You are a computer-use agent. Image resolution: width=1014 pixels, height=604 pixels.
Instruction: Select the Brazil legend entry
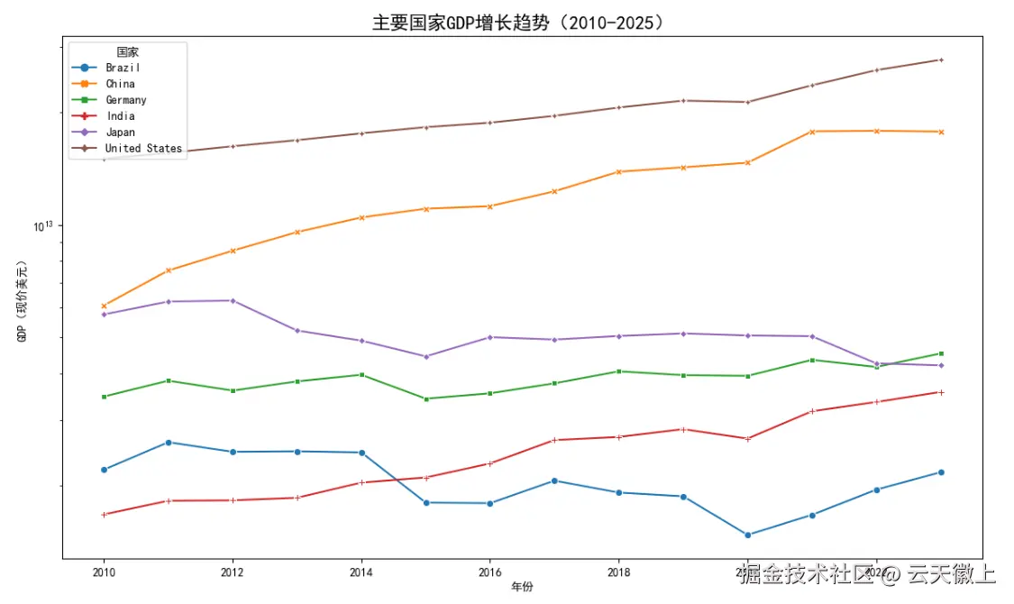(x=123, y=68)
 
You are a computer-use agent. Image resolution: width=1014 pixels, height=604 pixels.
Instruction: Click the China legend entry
(x=120, y=84)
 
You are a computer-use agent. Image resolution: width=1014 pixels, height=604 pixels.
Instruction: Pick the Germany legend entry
(x=125, y=100)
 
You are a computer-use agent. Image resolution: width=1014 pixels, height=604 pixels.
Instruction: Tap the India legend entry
(x=120, y=116)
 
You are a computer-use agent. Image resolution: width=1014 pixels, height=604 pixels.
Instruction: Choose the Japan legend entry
(x=120, y=133)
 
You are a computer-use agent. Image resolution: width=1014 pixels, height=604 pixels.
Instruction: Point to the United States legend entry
(x=143, y=149)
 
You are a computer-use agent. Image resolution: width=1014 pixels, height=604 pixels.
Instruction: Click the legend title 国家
(x=128, y=52)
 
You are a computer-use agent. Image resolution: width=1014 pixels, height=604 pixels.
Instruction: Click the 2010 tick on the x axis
(x=104, y=572)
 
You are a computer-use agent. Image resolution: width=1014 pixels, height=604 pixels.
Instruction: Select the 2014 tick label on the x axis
(x=361, y=572)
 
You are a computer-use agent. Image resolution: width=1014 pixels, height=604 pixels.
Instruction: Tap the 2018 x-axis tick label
(x=619, y=572)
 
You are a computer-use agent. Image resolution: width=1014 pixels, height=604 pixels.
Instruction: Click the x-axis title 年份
(x=522, y=587)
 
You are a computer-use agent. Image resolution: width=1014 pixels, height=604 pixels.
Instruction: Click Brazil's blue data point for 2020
(x=748, y=535)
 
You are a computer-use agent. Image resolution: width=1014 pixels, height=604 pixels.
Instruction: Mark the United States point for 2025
(x=941, y=59)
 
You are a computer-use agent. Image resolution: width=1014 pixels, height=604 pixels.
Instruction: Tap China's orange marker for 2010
(x=104, y=306)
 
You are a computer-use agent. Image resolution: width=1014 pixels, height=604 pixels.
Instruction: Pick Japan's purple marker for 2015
(x=426, y=356)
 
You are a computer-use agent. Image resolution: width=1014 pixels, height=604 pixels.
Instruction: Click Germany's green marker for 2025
(x=941, y=353)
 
